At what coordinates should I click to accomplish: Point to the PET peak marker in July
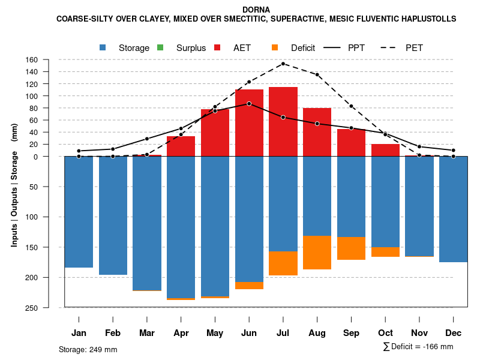tap(283, 64)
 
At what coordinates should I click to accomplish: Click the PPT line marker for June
tap(249, 104)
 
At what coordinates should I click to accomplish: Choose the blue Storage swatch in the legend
tap(103, 48)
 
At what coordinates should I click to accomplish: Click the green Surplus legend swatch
tap(160, 48)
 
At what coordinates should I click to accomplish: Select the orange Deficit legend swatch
tap(275, 48)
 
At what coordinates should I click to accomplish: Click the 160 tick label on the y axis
tap(48, 60)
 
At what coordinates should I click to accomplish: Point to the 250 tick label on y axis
tap(48, 308)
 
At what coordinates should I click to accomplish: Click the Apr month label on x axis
tap(181, 333)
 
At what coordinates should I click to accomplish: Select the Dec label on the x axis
tap(454, 333)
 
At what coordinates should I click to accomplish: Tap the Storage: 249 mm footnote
tap(88, 349)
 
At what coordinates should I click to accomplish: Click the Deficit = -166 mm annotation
tap(418, 347)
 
